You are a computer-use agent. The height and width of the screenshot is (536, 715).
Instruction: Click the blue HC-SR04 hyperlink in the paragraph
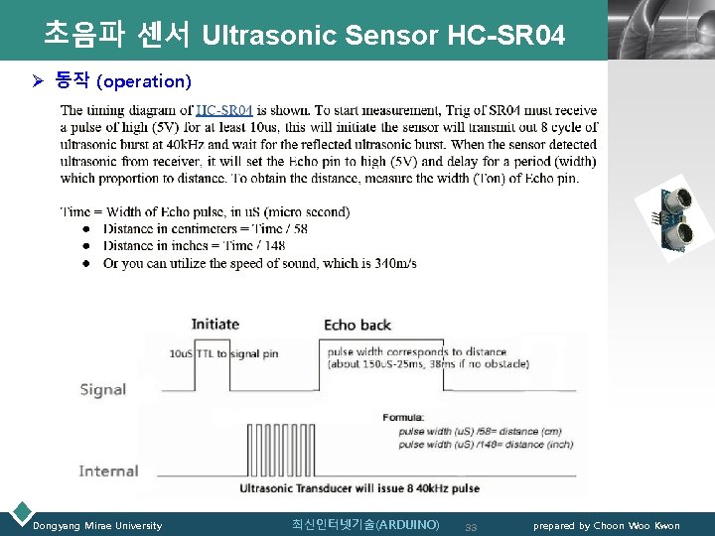(224, 110)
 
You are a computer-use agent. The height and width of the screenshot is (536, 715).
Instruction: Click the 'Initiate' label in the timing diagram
(215, 324)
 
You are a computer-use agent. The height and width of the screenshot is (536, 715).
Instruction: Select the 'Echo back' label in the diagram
(357, 325)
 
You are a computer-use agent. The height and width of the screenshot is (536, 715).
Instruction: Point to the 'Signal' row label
(103, 389)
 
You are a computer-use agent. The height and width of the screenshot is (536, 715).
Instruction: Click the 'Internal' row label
(108, 470)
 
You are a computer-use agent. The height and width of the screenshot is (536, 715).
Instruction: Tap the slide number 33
(472, 526)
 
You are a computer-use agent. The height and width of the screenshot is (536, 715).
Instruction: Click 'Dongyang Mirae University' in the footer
(97, 525)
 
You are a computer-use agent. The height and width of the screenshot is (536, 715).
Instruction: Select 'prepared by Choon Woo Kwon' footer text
(607, 525)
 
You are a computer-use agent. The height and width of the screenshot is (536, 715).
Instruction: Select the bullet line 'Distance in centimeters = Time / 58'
(206, 228)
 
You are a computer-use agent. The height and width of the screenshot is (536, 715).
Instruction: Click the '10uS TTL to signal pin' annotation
(223, 353)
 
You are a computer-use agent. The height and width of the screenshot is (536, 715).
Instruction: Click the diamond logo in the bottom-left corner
(19, 513)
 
